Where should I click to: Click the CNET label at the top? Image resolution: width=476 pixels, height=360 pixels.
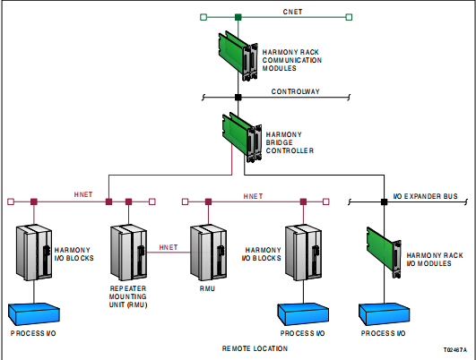pyautogui.click(x=292, y=12)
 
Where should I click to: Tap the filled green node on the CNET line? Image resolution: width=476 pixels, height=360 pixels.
pyautogui.click(x=238, y=17)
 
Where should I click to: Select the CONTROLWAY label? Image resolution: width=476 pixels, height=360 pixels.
pyautogui.click(x=296, y=91)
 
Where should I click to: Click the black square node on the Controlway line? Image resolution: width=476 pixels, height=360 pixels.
pyautogui.click(x=238, y=98)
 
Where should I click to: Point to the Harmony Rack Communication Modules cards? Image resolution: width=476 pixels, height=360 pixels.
pyautogui.click(x=238, y=56)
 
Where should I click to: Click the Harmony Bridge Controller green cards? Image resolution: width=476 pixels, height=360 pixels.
pyautogui.click(x=242, y=137)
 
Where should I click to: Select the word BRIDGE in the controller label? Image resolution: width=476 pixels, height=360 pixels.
pyautogui.click(x=280, y=142)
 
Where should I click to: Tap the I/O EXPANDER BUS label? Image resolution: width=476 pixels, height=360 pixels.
pyautogui.click(x=425, y=196)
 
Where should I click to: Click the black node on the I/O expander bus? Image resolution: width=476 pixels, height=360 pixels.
pyautogui.click(x=384, y=201)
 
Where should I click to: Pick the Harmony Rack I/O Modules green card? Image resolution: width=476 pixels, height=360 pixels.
pyautogui.click(x=384, y=253)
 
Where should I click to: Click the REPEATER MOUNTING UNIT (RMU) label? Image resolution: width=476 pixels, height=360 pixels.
pyautogui.click(x=128, y=296)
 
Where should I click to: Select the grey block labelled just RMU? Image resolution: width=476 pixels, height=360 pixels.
pyautogui.click(x=208, y=253)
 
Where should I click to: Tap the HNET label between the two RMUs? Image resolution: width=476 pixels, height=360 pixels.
pyautogui.click(x=169, y=247)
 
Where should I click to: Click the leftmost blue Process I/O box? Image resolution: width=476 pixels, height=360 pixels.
pyautogui.click(x=34, y=314)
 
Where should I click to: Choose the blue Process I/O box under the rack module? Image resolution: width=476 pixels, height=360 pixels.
pyautogui.click(x=384, y=314)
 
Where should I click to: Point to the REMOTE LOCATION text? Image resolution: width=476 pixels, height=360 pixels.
pyautogui.click(x=255, y=348)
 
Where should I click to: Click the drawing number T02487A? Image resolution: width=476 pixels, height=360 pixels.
pyautogui.click(x=455, y=350)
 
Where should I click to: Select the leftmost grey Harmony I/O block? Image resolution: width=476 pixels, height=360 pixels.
pyautogui.click(x=34, y=253)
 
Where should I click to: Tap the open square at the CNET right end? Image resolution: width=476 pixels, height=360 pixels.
pyautogui.click(x=349, y=17)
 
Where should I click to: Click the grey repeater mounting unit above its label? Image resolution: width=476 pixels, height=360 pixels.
pyautogui.click(x=129, y=253)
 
